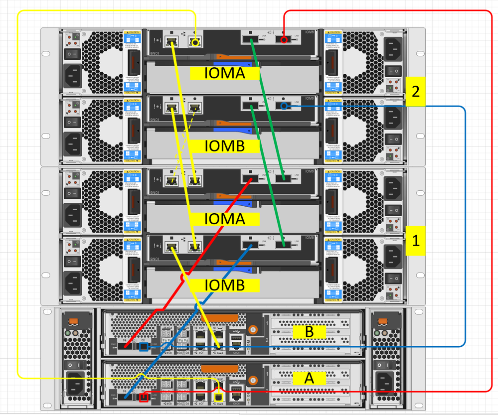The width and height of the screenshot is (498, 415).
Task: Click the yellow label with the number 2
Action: tap(415, 91)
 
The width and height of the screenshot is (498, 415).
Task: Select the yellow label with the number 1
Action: tap(415, 241)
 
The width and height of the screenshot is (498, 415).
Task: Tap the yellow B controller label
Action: tap(309, 332)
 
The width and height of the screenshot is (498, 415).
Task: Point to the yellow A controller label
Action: tap(309, 378)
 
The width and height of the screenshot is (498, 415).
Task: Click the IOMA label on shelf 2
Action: tap(225, 74)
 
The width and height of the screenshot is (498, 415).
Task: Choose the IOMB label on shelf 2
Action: tap(225, 146)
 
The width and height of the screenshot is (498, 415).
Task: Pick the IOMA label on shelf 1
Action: tap(225, 218)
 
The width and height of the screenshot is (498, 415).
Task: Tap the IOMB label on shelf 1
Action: tap(225, 285)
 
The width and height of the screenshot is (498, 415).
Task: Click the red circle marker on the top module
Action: tap(284, 39)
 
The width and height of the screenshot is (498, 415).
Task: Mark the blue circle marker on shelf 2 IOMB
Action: tap(284, 106)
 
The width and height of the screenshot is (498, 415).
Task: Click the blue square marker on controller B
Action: tap(144, 346)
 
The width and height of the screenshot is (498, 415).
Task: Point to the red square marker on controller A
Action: tap(145, 397)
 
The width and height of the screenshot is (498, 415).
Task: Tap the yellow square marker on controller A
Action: tap(218, 397)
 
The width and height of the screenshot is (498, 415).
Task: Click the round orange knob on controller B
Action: tap(253, 329)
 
